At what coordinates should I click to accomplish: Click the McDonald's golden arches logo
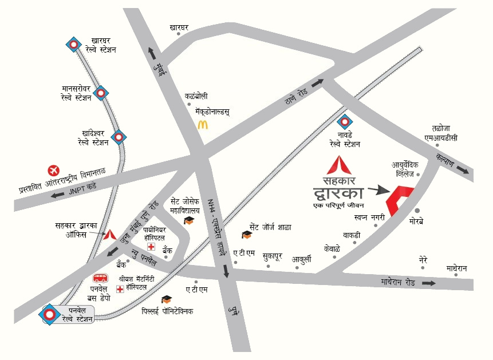pyautogui.click(x=202, y=124)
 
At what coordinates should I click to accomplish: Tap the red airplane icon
pyautogui.click(x=54, y=170)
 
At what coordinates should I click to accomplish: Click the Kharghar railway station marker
pyautogui.click(x=73, y=45)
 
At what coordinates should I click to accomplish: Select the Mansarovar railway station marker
pyautogui.click(x=101, y=93)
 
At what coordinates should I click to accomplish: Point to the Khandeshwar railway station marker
pyautogui.click(x=119, y=137)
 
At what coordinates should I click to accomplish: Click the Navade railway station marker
pyautogui.click(x=344, y=122)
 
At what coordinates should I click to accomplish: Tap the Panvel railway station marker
pyautogui.click(x=51, y=314)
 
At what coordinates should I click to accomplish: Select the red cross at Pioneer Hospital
pyautogui.click(x=151, y=247)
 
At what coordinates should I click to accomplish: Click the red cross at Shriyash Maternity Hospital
pyautogui.click(x=120, y=289)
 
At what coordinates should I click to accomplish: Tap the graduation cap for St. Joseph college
pyautogui.click(x=188, y=221)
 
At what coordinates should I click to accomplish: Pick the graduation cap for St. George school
pyautogui.click(x=247, y=234)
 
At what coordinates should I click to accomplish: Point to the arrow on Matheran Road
pyautogui.click(x=428, y=283)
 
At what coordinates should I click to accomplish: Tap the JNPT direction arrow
pyautogui.click(x=57, y=195)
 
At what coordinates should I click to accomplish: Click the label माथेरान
pyautogui.click(x=457, y=268)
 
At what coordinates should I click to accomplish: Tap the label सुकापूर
pyautogui.click(x=272, y=256)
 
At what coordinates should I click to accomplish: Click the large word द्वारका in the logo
pyautogui.click(x=338, y=191)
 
